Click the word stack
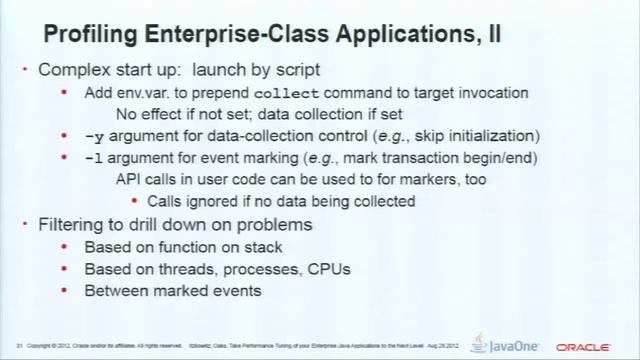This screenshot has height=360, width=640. click(262, 247)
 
